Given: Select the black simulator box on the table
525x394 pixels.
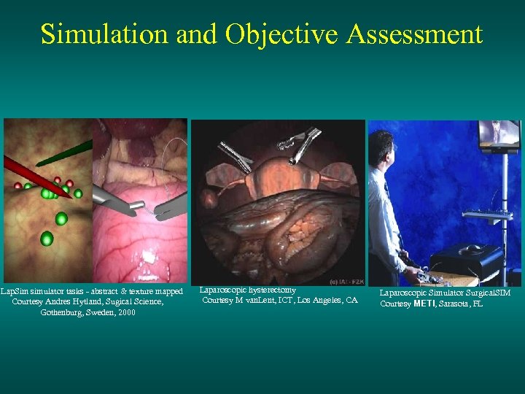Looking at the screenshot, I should (466, 258).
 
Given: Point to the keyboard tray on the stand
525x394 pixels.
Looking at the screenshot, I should (489, 215).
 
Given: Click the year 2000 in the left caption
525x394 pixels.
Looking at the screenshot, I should (124, 312).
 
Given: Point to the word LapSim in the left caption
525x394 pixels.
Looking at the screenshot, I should (14, 291).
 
